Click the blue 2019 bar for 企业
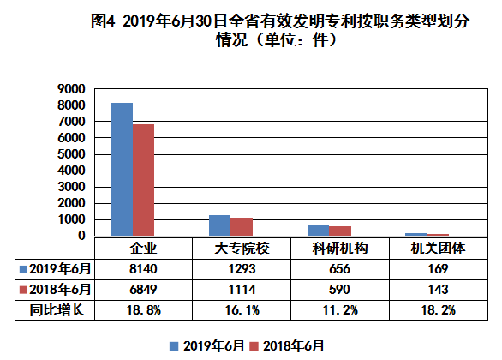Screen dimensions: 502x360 point(122,170)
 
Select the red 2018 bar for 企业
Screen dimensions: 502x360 point(143,180)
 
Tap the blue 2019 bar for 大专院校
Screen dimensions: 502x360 point(219,225)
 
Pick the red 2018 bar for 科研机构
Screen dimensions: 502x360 point(340,231)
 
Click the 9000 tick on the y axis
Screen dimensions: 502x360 point(71,89)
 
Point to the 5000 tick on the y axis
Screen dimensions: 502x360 point(71,154)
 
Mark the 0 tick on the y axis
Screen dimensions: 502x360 point(81,236)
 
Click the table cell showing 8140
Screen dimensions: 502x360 point(143,269)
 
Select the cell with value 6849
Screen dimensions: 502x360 point(143,290)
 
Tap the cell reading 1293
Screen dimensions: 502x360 point(242,269)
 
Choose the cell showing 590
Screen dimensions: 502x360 point(340,290)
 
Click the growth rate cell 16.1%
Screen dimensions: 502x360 point(242,310)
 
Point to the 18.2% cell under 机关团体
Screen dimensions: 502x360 point(439,310)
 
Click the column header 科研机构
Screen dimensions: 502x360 point(340,249)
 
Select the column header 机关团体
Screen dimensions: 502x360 point(439,249)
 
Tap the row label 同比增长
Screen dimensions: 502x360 point(57,310)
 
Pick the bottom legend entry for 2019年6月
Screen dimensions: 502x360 point(206,346)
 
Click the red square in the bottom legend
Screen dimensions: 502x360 point(254,346)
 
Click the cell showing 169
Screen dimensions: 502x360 point(439,269)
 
